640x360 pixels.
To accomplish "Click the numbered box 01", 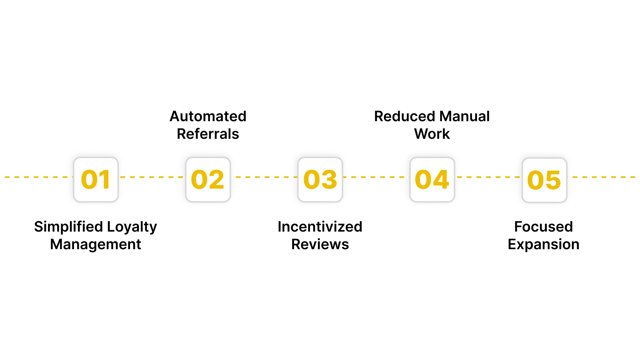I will [x=96, y=180].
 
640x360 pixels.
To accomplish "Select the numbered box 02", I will [x=208, y=180].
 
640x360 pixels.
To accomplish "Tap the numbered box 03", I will [x=320, y=180].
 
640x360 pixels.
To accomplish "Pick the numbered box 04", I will [x=432, y=180].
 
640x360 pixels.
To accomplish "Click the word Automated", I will [x=208, y=116].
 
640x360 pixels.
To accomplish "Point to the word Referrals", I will [x=208, y=134].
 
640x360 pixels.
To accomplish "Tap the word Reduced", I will [x=404, y=116].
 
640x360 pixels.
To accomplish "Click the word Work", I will [x=432, y=134].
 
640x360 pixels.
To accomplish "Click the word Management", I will [x=96, y=244].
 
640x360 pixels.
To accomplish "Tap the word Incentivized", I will [x=320, y=227].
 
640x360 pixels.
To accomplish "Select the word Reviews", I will [x=320, y=244].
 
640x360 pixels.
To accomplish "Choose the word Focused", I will [x=544, y=227].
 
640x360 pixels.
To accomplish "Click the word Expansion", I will [x=544, y=244].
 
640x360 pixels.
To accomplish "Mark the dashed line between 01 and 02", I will [x=152, y=177].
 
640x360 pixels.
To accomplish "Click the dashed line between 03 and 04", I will [x=376, y=177].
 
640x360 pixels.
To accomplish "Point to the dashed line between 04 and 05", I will [x=488, y=177].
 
